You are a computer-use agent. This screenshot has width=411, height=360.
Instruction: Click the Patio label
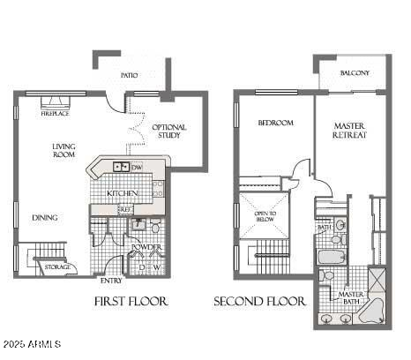tap(129, 76)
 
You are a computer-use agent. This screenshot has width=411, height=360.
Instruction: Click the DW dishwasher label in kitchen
tap(138, 166)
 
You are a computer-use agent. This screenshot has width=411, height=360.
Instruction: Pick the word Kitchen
tap(122, 193)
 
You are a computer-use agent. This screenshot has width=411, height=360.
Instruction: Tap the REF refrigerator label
tap(125, 209)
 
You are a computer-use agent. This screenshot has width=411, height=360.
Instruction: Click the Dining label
tap(45, 217)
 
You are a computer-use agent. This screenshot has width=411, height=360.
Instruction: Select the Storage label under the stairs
tap(57, 266)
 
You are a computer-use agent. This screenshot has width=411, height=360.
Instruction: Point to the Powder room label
tap(146, 247)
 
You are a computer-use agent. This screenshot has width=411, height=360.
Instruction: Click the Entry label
tap(112, 281)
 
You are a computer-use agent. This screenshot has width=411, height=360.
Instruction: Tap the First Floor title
tap(131, 302)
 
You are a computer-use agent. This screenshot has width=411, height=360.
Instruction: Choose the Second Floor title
tap(260, 302)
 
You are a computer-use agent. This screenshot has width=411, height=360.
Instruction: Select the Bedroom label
tap(275, 123)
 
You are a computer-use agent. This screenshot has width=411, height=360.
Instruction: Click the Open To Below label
tap(265, 216)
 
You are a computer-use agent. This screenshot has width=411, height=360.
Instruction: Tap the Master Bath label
tap(352, 298)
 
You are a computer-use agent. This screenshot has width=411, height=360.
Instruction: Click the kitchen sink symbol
tap(120, 166)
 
